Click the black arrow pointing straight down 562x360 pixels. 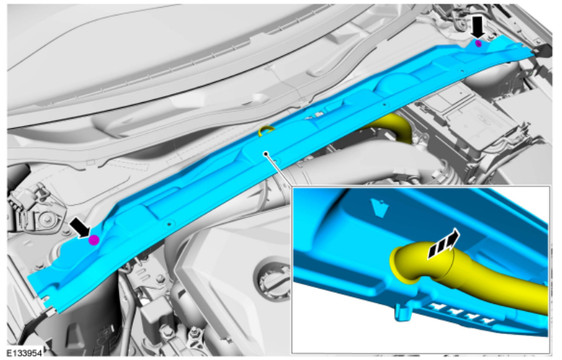(477, 27)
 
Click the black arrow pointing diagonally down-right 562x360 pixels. (80, 228)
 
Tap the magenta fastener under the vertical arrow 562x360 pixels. (478, 43)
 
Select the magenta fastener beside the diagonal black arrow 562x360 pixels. (94, 240)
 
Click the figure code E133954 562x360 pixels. (25, 353)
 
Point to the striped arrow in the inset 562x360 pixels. (444, 244)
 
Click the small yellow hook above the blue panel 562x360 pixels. (266, 130)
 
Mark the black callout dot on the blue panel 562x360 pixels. (266, 154)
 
